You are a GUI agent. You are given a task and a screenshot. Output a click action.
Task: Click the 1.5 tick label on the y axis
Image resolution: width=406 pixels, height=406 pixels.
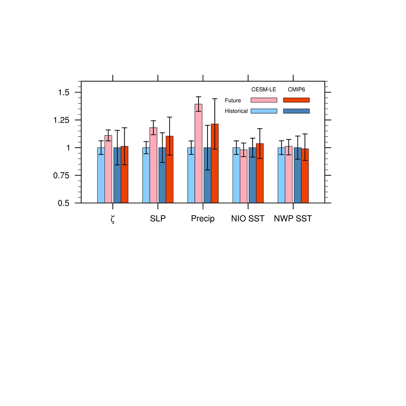[x=64, y=92]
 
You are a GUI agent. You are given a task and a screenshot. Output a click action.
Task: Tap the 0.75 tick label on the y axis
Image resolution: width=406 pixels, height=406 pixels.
[x=61, y=176]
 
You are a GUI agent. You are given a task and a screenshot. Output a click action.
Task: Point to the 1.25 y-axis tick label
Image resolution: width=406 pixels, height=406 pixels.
[x=61, y=120]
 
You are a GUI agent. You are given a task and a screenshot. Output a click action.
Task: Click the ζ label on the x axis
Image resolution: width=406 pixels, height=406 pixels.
[x=113, y=219]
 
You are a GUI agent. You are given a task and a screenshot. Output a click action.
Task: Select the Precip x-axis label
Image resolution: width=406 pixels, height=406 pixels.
[x=203, y=219]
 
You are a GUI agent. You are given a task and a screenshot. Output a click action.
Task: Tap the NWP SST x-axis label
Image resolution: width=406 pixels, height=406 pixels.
[x=293, y=219]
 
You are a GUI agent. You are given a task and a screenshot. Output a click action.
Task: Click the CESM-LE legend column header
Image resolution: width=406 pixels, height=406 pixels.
[x=264, y=90]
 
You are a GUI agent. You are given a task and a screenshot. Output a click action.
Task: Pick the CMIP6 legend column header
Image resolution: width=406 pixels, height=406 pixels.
[x=296, y=90]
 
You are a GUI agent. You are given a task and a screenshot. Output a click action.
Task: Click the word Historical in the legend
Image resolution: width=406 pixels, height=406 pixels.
[x=236, y=111]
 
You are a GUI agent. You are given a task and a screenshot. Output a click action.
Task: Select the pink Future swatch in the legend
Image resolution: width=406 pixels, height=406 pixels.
[x=264, y=100]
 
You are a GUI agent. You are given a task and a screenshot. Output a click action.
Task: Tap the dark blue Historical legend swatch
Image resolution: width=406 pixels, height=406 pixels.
[x=296, y=111]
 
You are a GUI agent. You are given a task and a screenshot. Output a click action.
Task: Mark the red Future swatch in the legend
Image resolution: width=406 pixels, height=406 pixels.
[x=296, y=100]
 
